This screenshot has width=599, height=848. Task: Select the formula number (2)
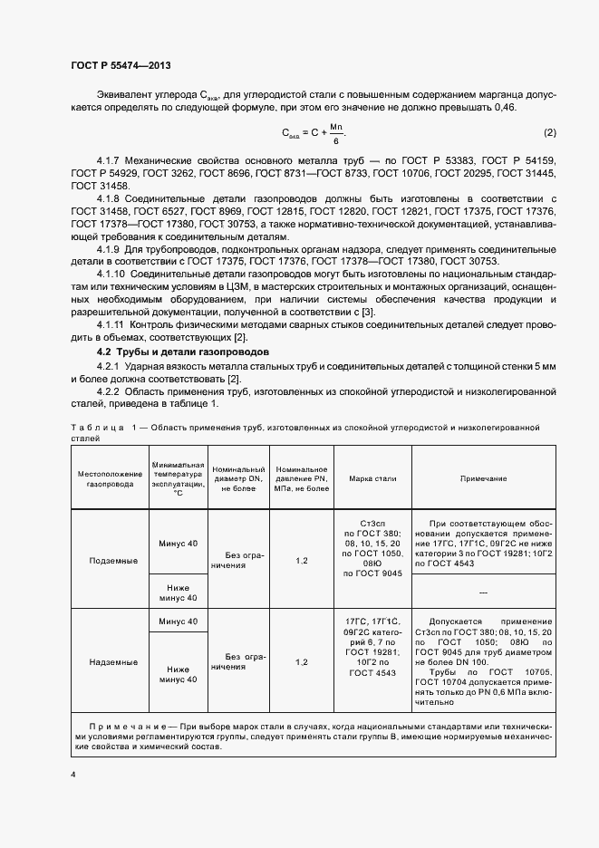(548, 133)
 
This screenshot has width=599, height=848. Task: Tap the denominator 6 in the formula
(335, 141)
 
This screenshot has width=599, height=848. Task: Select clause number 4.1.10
(114, 273)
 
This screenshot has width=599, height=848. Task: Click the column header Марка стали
(372, 477)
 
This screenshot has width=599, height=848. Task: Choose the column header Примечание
(483, 477)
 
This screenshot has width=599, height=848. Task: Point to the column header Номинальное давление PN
(302, 477)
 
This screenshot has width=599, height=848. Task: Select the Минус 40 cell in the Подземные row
(177, 543)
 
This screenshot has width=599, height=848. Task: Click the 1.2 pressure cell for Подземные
(302, 561)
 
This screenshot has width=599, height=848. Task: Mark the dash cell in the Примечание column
(483, 592)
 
